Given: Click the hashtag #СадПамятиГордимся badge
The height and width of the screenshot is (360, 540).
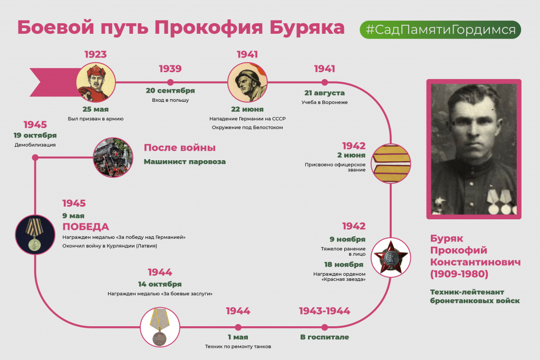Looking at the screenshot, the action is (440, 30).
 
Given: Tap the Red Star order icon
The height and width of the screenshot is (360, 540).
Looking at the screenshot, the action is (391, 257).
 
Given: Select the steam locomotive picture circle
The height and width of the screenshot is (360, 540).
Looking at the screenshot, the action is (113, 158).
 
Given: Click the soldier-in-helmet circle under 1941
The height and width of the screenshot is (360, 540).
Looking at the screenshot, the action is (247, 82).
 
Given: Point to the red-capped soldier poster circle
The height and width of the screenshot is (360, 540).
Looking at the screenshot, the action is (96, 82).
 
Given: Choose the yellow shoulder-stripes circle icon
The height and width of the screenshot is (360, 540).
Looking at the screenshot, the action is (391, 163).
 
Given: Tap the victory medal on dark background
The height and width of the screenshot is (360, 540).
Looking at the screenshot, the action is (35, 235).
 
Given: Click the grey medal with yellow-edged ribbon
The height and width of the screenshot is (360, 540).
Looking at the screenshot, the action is (160, 327).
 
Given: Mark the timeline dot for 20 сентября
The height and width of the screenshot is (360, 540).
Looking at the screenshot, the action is (170, 82).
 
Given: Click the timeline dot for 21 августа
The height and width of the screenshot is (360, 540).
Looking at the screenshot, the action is (324, 82).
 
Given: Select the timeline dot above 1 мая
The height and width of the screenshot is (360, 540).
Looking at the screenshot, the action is (238, 327).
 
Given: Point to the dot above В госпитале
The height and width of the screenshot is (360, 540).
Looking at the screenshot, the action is (324, 327).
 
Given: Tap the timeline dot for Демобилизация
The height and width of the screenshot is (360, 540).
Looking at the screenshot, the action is (35, 158).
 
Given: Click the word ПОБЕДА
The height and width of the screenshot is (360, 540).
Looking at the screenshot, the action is (86, 227).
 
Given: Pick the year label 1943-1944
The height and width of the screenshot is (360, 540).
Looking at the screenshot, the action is (324, 311).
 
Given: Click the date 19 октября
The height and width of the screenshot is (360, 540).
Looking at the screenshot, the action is (35, 135).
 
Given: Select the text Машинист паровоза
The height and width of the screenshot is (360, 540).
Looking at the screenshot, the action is (185, 161).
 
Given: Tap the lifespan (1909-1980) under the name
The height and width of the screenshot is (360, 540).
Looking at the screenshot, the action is (459, 274).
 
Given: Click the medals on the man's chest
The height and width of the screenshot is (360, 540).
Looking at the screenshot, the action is (501, 202).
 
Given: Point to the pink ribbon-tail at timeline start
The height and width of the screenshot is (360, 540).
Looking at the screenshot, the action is (53, 82).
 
